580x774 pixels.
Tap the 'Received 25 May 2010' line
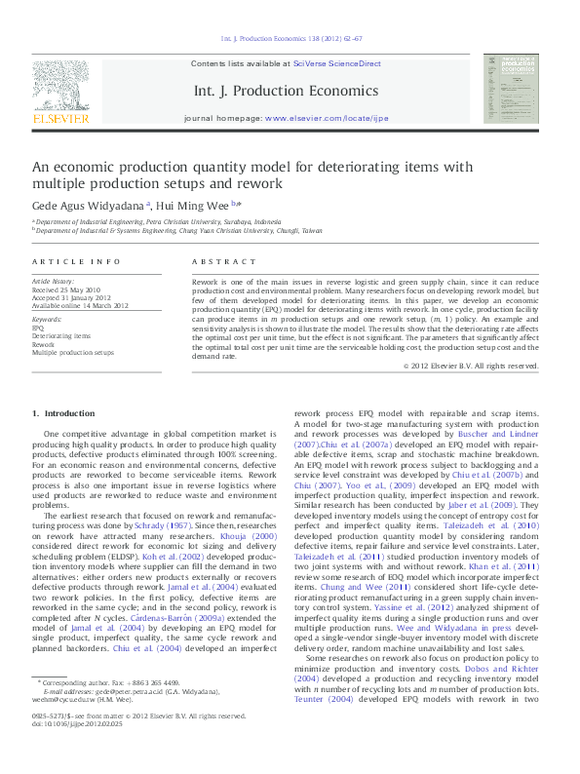(x=66, y=290)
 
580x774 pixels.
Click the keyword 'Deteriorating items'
(x=60, y=336)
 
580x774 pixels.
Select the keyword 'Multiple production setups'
(x=72, y=352)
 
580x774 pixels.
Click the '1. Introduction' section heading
(x=63, y=414)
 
